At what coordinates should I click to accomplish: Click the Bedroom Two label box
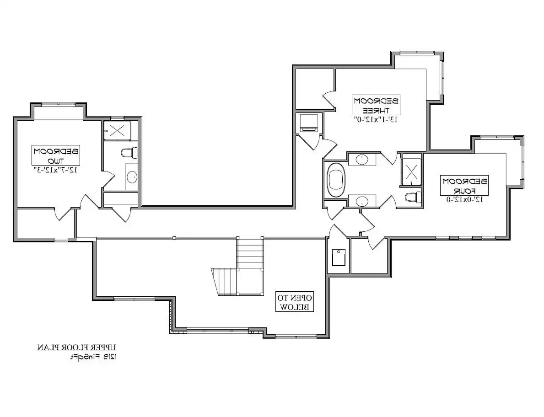point(56,155)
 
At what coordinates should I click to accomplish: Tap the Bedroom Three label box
point(376,105)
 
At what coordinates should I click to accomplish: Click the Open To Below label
point(295,301)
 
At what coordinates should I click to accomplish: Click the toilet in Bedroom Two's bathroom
point(129,152)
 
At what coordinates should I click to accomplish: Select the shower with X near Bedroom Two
point(117,130)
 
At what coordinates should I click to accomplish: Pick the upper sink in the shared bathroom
point(362,160)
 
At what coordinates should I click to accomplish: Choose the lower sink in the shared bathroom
point(362,201)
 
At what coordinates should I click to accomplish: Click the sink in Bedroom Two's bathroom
point(132,177)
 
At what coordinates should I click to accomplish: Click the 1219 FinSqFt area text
point(95,356)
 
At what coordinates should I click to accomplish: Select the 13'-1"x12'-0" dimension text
point(376,119)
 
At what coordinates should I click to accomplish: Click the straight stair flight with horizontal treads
point(250,253)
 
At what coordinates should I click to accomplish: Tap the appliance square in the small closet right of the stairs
point(339,257)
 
